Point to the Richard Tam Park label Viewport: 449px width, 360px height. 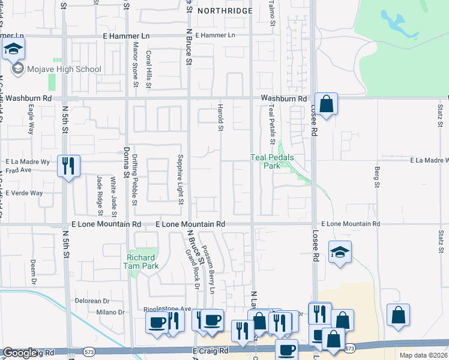141,262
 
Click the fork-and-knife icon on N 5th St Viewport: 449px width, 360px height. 68,165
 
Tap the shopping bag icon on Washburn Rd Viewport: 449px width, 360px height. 326,104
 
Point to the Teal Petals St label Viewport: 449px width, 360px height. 272,119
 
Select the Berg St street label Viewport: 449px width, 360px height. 378,177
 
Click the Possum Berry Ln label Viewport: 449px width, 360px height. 208,268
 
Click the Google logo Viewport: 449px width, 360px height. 20,353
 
